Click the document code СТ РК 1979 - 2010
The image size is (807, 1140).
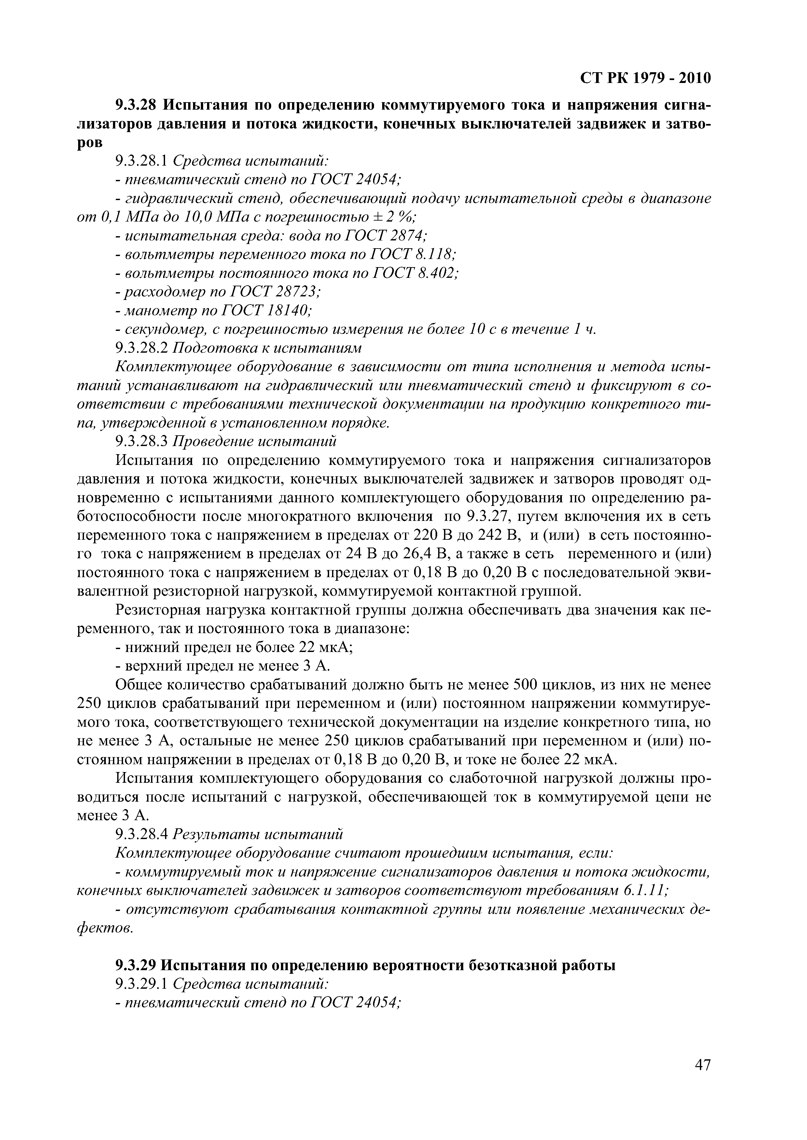tap(646, 78)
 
